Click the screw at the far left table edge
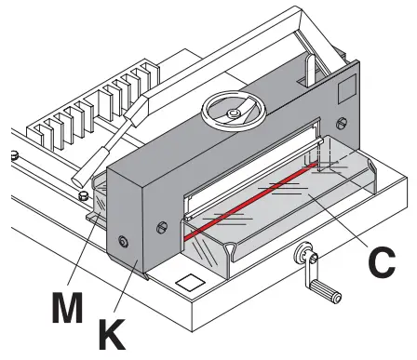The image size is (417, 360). tap(15, 153)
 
